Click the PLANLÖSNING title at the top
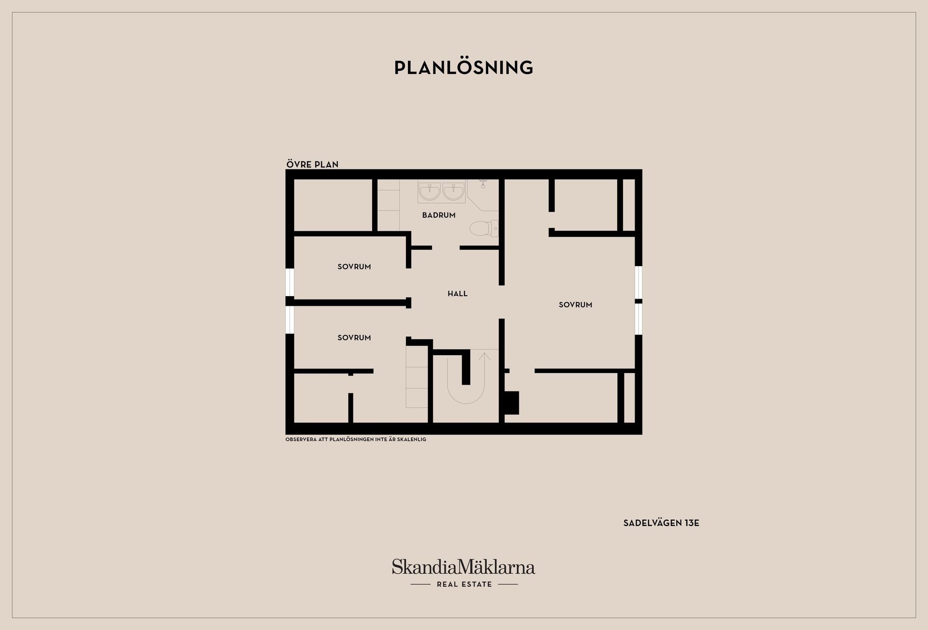pyautogui.click(x=464, y=68)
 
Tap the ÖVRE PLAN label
pyautogui.click(x=312, y=165)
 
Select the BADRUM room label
pyautogui.click(x=439, y=215)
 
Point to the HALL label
pyautogui.click(x=458, y=294)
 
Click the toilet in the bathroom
pyautogui.click(x=484, y=228)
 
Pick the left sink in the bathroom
pyautogui.click(x=430, y=191)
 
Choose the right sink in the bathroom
pyautogui.click(x=453, y=191)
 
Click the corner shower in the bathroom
pyautogui.click(x=483, y=195)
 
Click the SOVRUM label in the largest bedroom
pyautogui.click(x=576, y=305)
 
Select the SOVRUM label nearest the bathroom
pyautogui.click(x=354, y=267)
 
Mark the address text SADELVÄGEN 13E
pyautogui.click(x=661, y=523)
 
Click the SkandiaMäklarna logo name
pyautogui.click(x=464, y=567)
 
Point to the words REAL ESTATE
pyautogui.click(x=464, y=585)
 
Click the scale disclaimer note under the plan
pyautogui.click(x=356, y=440)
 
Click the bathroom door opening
pyautogui.click(x=446, y=248)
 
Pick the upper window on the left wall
pyautogui.click(x=290, y=282)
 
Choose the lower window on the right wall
pyautogui.click(x=638, y=319)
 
